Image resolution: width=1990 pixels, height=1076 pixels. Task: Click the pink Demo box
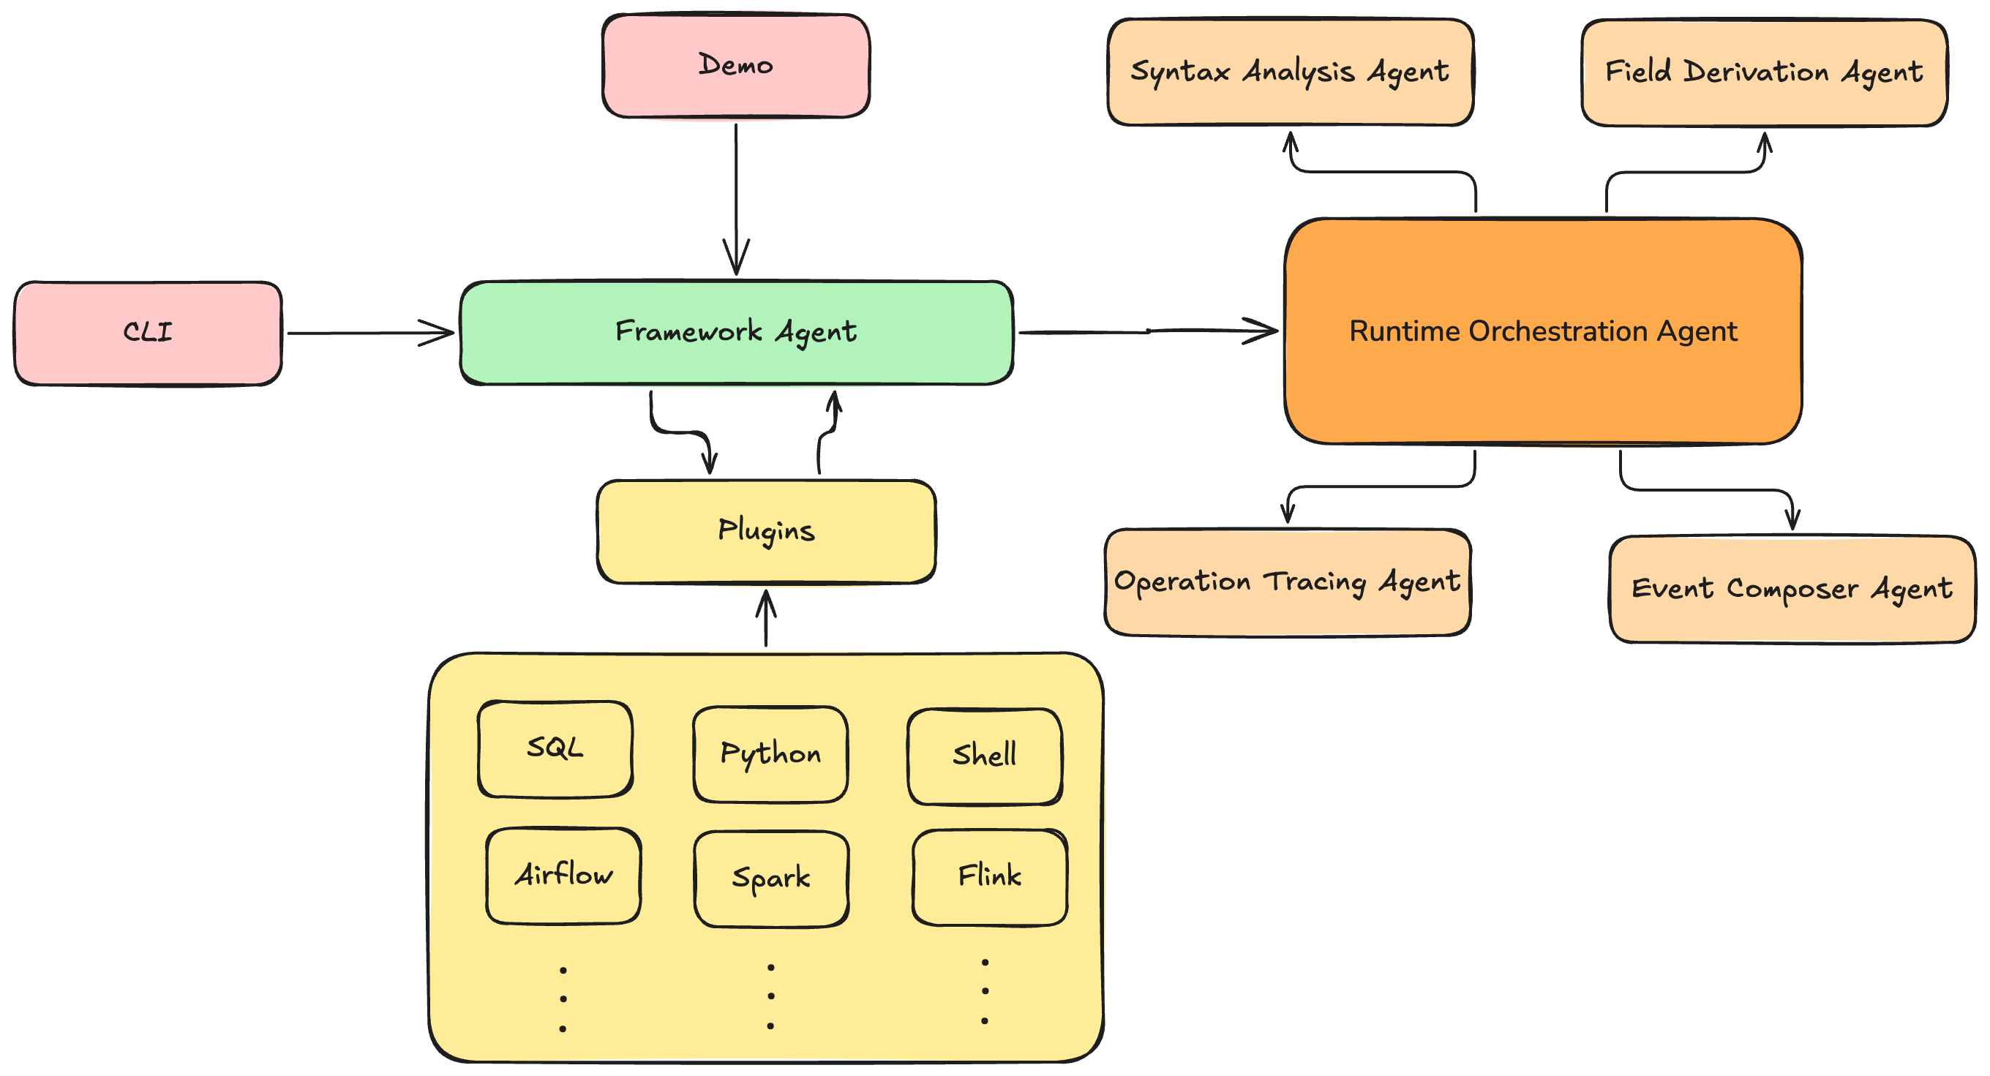[x=735, y=66]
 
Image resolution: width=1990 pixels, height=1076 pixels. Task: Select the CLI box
[x=148, y=333]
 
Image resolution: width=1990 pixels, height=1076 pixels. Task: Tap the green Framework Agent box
[x=735, y=332]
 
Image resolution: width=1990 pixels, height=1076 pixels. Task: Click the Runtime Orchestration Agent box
[x=1543, y=331]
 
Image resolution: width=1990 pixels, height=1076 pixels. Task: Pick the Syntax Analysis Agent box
[x=1289, y=72]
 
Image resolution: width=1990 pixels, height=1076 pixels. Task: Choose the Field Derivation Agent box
[x=1764, y=72]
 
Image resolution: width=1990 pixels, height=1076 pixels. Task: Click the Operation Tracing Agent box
[x=1287, y=582]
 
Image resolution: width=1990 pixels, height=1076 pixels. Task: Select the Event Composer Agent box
[x=1792, y=589]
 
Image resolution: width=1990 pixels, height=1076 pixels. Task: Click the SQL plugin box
[x=555, y=748]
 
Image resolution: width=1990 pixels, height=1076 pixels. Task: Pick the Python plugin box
[x=770, y=754]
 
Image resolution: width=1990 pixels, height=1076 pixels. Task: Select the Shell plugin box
[x=984, y=756]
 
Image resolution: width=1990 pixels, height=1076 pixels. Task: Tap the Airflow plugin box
[x=563, y=875]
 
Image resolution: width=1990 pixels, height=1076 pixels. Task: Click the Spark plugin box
[x=771, y=879]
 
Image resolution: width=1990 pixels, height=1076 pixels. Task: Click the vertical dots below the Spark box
[x=770, y=996]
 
